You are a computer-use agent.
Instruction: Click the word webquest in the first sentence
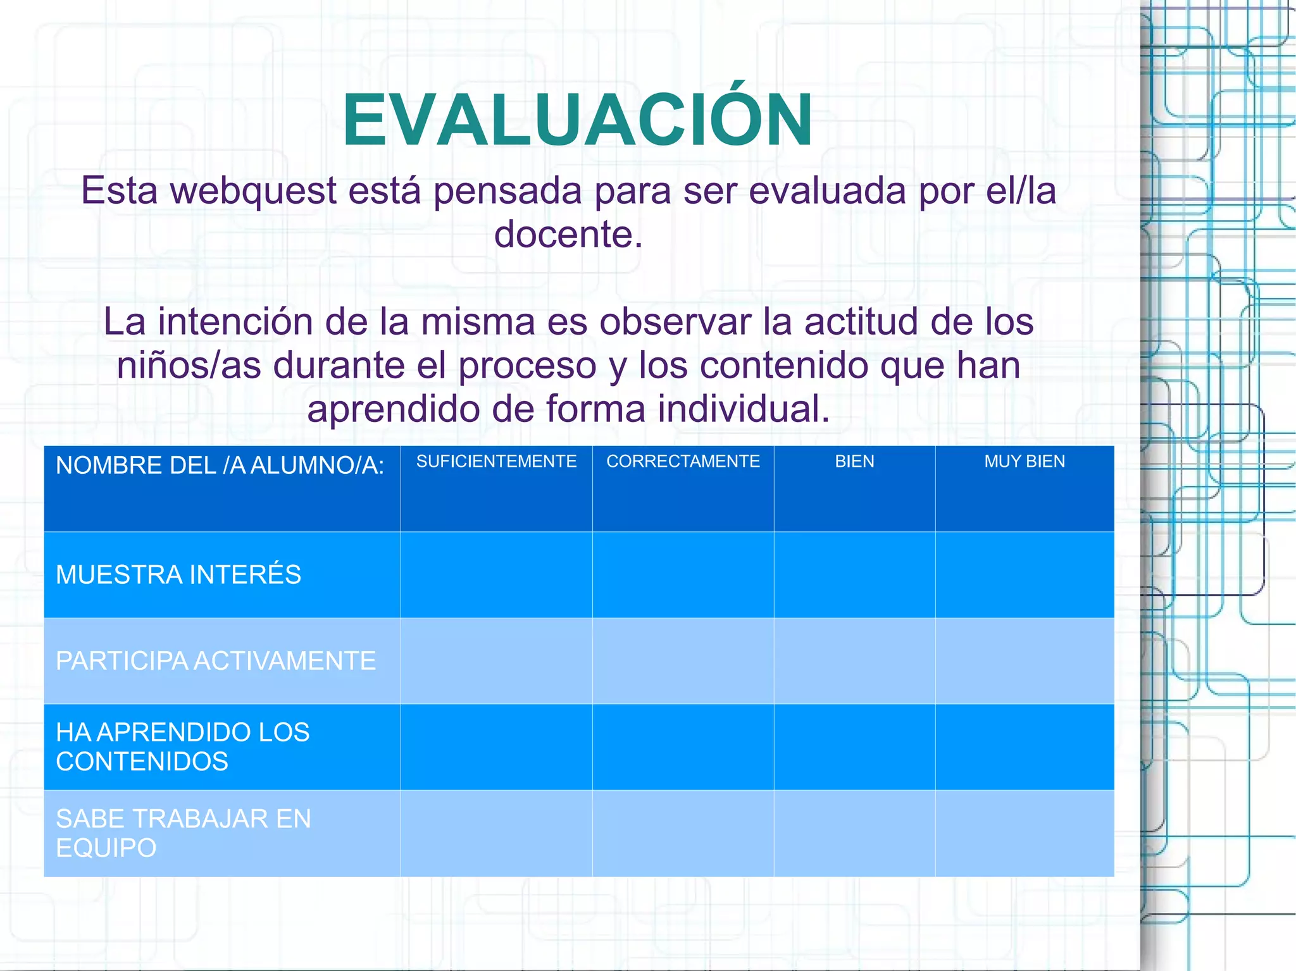click(x=253, y=191)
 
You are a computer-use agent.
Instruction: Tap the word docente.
click(x=568, y=235)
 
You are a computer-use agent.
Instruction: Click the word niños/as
click(x=189, y=366)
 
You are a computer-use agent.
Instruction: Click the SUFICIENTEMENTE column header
click(x=496, y=461)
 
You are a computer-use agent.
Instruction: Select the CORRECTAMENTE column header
click(x=683, y=461)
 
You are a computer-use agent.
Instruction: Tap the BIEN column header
click(x=854, y=461)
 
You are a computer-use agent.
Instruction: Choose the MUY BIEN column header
click(x=1025, y=461)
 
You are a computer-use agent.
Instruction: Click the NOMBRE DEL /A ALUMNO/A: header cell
click(x=220, y=466)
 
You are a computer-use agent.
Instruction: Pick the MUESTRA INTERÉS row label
click(x=178, y=574)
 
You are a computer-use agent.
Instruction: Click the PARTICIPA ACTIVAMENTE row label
click(x=216, y=661)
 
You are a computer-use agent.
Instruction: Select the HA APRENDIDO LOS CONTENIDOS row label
click(x=183, y=747)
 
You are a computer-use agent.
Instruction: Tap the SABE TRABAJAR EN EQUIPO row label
click(x=184, y=833)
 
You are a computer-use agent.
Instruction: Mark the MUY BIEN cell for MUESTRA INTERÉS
click(x=1025, y=574)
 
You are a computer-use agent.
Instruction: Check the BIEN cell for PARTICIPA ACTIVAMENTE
click(x=854, y=661)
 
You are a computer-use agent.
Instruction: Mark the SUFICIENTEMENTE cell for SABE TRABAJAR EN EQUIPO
click(x=496, y=833)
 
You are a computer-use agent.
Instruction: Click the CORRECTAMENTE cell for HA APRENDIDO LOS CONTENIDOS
click(x=683, y=747)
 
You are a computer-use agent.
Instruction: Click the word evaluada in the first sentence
click(x=828, y=191)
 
